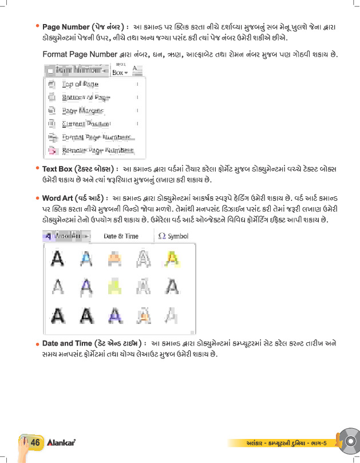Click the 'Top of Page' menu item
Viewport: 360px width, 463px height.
click(80, 84)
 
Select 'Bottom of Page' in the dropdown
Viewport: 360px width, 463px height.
click(86, 97)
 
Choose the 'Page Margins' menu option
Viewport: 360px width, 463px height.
click(82, 110)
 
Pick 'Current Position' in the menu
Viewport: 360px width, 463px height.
click(86, 124)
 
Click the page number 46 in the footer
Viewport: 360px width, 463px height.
click(34, 442)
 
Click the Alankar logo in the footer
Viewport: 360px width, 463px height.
click(62, 442)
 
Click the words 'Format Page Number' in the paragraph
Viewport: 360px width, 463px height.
click(80, 55)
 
